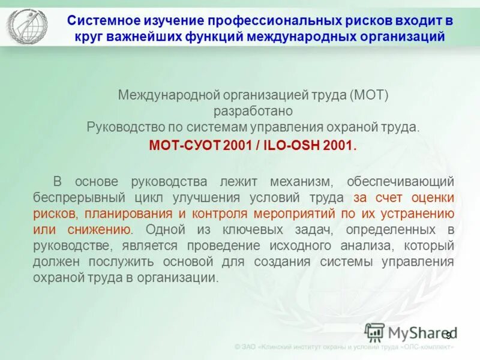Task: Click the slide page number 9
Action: (x=447, y=334)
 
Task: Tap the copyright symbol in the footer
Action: (x=238, y=347)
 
